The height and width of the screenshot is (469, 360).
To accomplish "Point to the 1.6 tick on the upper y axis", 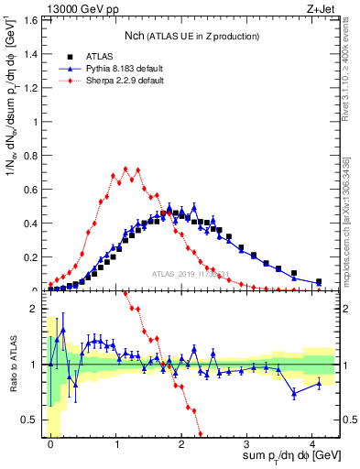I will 33,19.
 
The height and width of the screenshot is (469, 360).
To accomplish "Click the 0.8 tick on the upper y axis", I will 33,155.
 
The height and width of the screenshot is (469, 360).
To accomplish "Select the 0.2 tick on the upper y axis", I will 33,256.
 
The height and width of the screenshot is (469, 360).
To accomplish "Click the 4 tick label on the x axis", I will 314,442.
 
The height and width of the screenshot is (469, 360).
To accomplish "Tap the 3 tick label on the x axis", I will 248,442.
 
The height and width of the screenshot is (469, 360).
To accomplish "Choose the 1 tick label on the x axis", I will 116,442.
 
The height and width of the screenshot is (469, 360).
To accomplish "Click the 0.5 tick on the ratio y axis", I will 33,420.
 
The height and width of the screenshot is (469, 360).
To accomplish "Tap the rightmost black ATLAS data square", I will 318,281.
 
